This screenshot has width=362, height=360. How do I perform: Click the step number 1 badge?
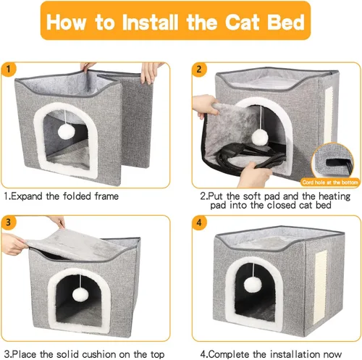pos(9,70)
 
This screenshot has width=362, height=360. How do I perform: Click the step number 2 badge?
pos(198,70)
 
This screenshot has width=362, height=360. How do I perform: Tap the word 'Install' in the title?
pos(153,22)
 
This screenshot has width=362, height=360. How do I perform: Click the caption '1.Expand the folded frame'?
pos(62,196)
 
